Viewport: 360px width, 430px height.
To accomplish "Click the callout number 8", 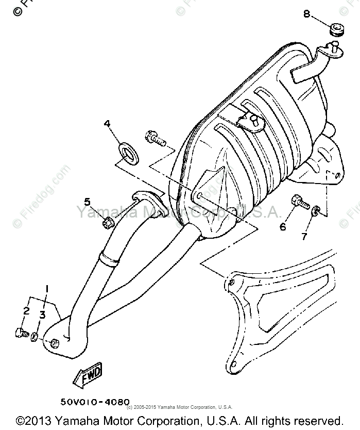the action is click(x=307, y=14).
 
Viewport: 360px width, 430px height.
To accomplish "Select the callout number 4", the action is click(x=108, y=124).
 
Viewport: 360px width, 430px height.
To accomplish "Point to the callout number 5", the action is click(x=88, y=202).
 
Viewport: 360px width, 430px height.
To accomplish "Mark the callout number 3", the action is click(x=43, y=314).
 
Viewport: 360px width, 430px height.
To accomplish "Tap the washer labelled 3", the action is click(x=35, y=337).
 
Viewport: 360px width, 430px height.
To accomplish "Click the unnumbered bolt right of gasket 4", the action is click(x=155, y=138).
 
